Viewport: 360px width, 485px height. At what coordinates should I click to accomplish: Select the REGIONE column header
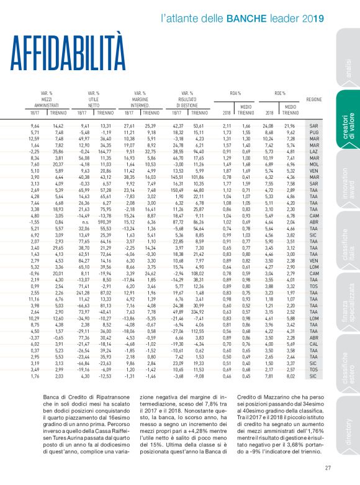(313, 99)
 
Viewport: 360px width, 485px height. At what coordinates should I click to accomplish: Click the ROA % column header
(235, 93)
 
